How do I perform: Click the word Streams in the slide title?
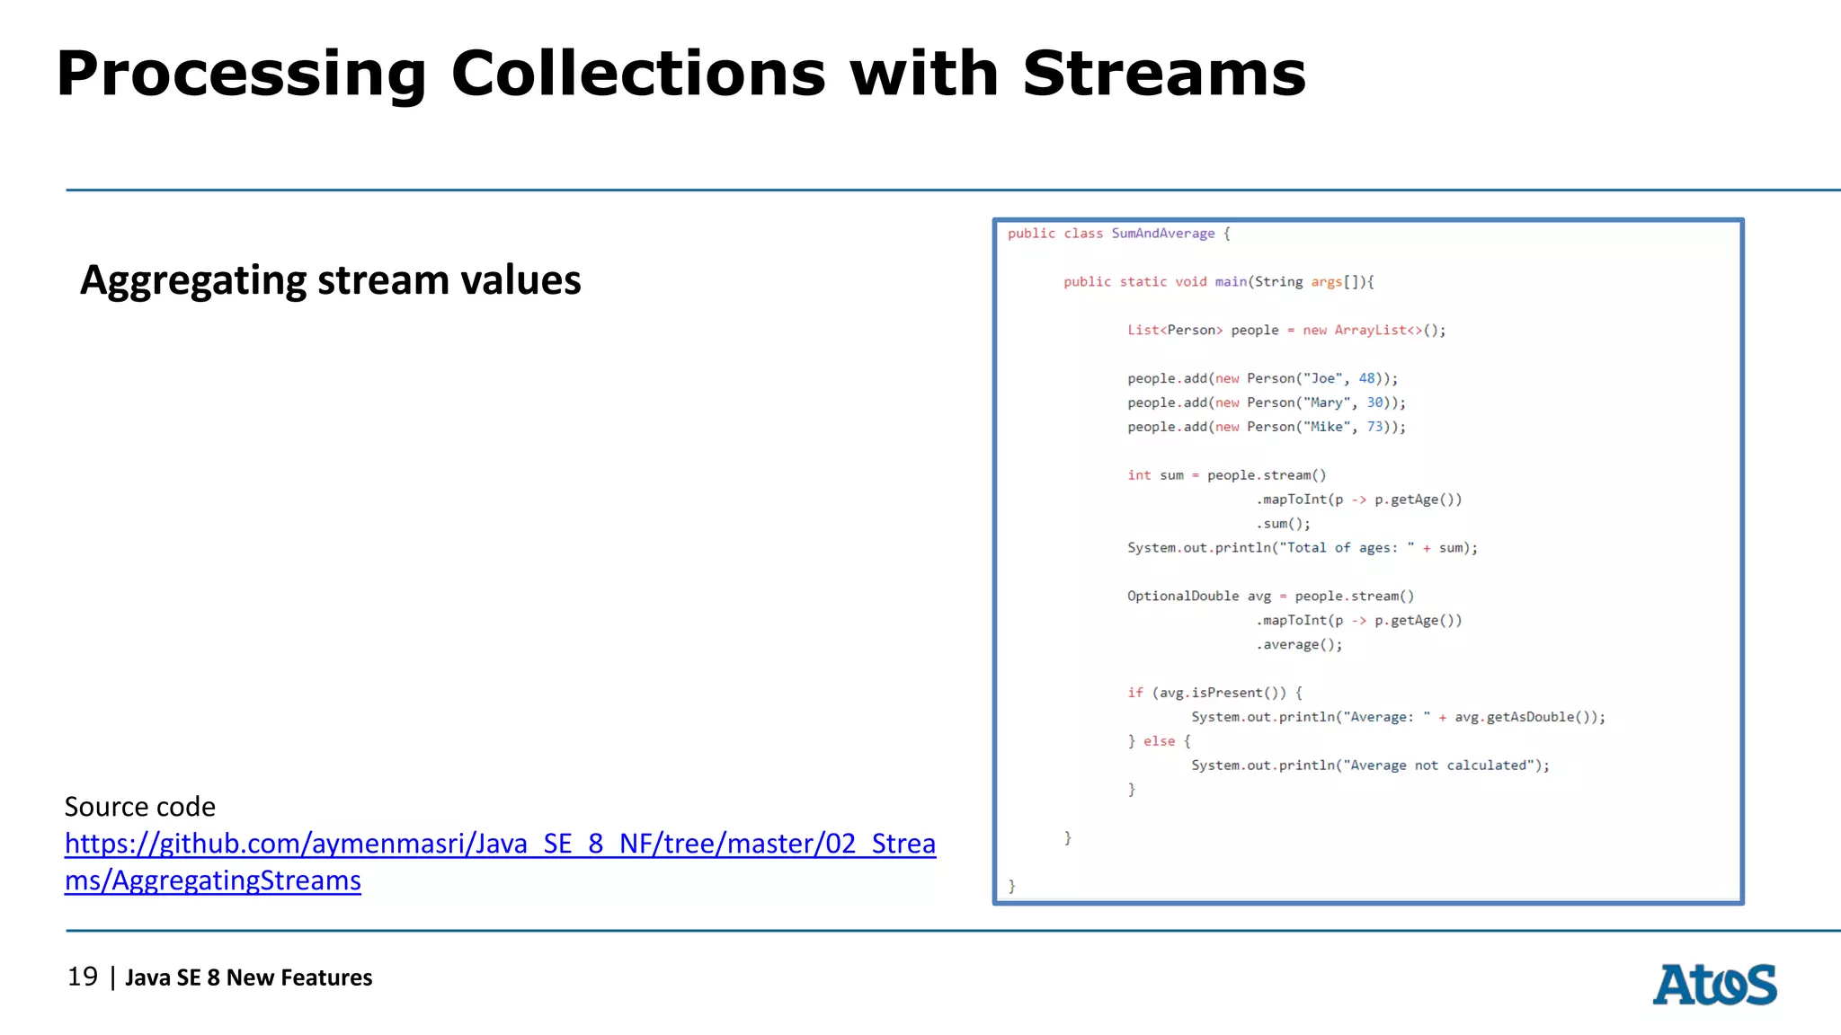[1164, 74]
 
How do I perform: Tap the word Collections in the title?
[638, 74]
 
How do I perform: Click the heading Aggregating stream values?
[331, 280]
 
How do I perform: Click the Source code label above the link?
[140, 807]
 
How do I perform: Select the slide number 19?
[83, 977]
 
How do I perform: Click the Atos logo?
[1714, 985]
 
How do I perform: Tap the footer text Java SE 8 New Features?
[249, 977]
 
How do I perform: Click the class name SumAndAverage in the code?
[1162, 234]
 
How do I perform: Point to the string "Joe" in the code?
[1322, 379]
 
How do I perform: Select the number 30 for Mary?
[1375, 403]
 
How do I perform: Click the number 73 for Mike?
[1375, 428]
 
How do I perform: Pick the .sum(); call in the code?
[1283, 524]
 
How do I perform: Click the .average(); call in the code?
[1299, 645]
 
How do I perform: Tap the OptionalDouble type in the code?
[1183, 597]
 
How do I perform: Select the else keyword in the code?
[1159, 742]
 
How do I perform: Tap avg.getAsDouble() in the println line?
[1525, 718]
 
